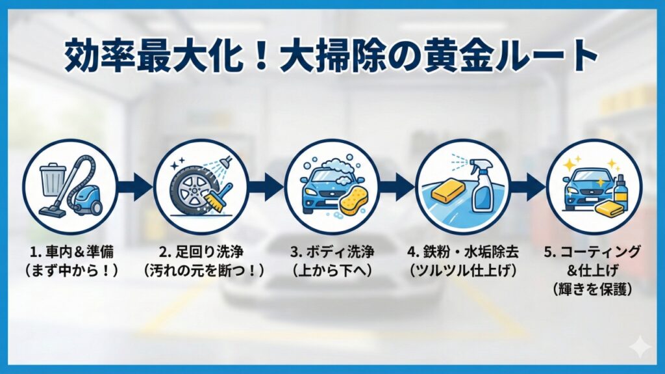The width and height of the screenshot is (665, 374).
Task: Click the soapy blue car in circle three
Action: [x=325, y=182]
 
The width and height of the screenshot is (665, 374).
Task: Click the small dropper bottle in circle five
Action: [x=620, y=189]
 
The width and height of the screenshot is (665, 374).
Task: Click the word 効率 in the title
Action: [x=94, y=57]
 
